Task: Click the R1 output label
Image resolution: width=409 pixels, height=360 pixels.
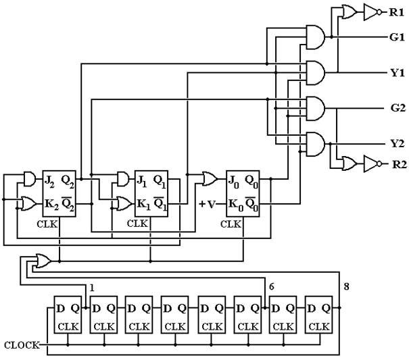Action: click(x=396, y=12)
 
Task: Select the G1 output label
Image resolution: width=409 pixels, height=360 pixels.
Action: click(x=397, y=37)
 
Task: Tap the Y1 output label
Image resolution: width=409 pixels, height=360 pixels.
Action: click(x=398, y=73)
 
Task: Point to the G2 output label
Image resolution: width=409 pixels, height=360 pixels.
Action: click(x=398, y=107)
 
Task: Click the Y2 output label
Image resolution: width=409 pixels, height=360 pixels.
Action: click(x=398, y=143)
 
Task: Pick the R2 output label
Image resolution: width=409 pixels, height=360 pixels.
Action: click(x=400, y=165)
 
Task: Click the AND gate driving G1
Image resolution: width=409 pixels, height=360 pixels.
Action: click(x=315, y=37)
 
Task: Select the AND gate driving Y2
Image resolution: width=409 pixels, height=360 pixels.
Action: click(x=315, y=144)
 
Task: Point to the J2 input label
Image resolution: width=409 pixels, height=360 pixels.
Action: click(x=49, y=181)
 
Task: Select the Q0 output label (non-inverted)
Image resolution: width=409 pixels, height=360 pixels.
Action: click(x=251, y=181)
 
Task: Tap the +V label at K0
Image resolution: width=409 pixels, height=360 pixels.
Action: click(x=208, y=204)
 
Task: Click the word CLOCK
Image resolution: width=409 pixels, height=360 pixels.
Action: click(x=22, y=345)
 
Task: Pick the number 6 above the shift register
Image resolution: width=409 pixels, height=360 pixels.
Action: click(x=272, y=287)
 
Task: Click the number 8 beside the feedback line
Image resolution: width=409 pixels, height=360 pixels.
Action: click(x=346, y=287)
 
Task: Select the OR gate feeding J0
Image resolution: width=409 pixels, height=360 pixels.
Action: click(x=210, y=178)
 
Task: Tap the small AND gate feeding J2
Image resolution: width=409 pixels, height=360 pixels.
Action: click(x=30, y=179)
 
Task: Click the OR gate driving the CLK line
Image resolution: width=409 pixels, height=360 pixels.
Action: click(x=43, y=261)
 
